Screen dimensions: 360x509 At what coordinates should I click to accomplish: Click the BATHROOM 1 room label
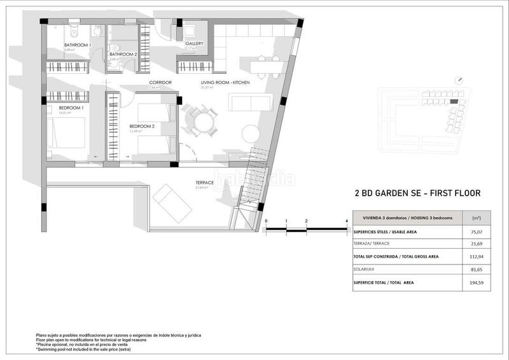click(x=78, y=45)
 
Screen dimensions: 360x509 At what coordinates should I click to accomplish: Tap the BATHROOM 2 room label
click(x=123, y=55)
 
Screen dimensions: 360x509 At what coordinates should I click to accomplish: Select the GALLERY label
click(x=194, y=44)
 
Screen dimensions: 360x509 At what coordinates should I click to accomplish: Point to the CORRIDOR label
click(x=160, y=83)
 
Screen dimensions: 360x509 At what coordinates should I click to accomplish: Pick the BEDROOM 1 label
click(x=71, y=109)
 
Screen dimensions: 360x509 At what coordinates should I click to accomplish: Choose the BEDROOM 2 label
click(x=143, y=126)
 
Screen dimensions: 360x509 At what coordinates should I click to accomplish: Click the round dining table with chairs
click(x=202, y=120)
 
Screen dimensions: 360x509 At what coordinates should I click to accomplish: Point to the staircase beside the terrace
click(x=251, y=184)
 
